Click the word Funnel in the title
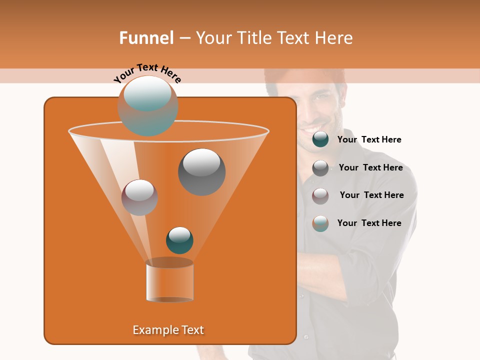146,38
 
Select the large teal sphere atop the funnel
148,105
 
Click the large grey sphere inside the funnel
201,171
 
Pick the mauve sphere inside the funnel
139,197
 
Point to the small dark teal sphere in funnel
179,240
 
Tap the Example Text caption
168,330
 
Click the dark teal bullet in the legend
320,139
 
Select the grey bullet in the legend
320,168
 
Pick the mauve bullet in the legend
320,196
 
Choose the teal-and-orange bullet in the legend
320,223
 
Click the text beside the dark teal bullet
369,140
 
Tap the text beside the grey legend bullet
370,168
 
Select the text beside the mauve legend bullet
371,195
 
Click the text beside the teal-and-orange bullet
369,223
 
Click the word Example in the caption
152,330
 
